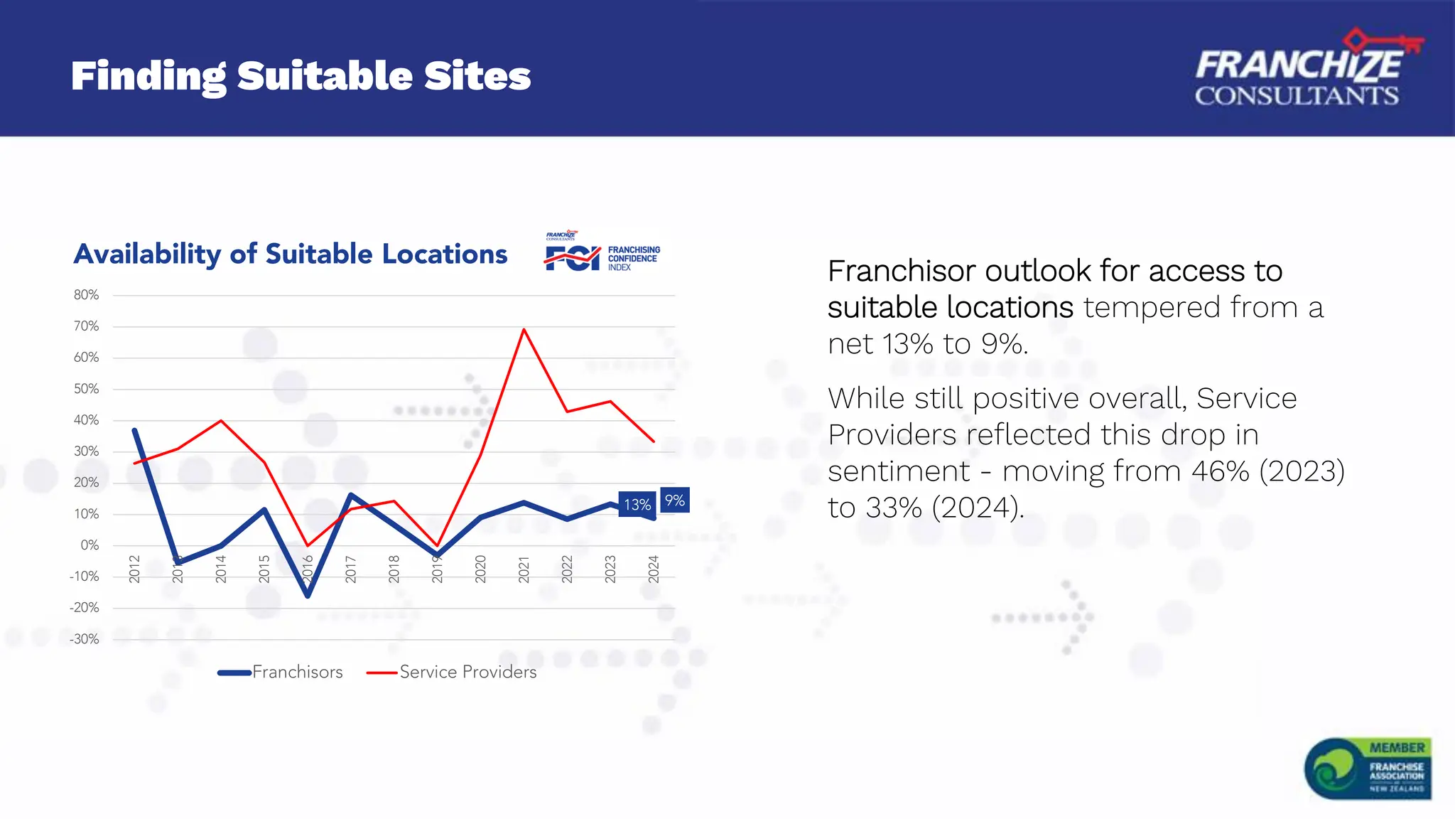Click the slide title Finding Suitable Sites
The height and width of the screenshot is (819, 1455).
301,76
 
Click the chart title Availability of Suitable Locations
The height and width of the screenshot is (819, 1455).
291,254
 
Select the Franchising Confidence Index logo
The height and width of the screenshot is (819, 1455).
602,252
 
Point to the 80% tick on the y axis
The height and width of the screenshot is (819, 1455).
86,295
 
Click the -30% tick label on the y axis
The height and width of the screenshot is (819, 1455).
85,639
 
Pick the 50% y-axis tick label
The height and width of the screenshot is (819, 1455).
86,389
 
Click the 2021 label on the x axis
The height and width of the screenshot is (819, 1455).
524,569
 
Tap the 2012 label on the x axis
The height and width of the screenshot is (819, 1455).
134,569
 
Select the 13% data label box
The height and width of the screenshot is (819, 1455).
637,504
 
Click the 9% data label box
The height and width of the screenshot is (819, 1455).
674,500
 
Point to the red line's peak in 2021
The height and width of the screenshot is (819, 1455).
524,329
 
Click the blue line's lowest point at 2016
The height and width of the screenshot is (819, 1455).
308,596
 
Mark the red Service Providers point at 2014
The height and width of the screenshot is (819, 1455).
222,421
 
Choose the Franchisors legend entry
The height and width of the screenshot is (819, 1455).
281,672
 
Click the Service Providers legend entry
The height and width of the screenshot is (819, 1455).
452,672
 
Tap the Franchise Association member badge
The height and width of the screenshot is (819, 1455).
1368,769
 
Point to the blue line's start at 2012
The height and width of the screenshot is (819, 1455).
134,430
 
